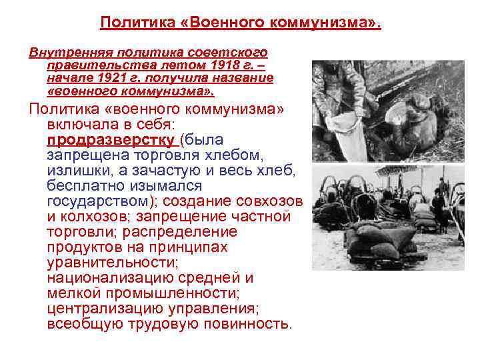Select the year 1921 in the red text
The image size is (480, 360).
tap(124, 77)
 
